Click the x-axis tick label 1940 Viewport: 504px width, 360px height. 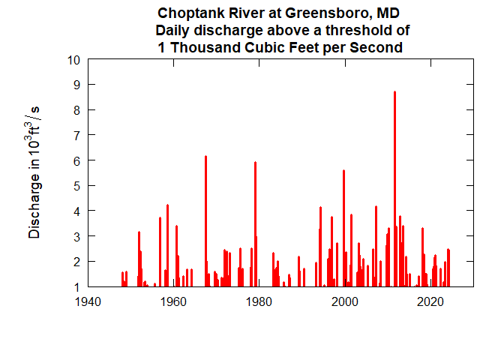pos(88,302)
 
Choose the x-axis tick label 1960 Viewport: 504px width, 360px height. pos(174,302)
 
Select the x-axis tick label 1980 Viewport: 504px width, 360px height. pos(259,302)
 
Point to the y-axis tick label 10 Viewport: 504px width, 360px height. pos(73,60)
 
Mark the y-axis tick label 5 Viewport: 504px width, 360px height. pos(76,186)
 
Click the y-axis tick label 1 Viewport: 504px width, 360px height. pos(76,286)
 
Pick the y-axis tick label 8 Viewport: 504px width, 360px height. pos(76,110)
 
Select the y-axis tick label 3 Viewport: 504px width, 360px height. pos(76,236)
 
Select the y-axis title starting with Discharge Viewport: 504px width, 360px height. pos(34,172)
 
